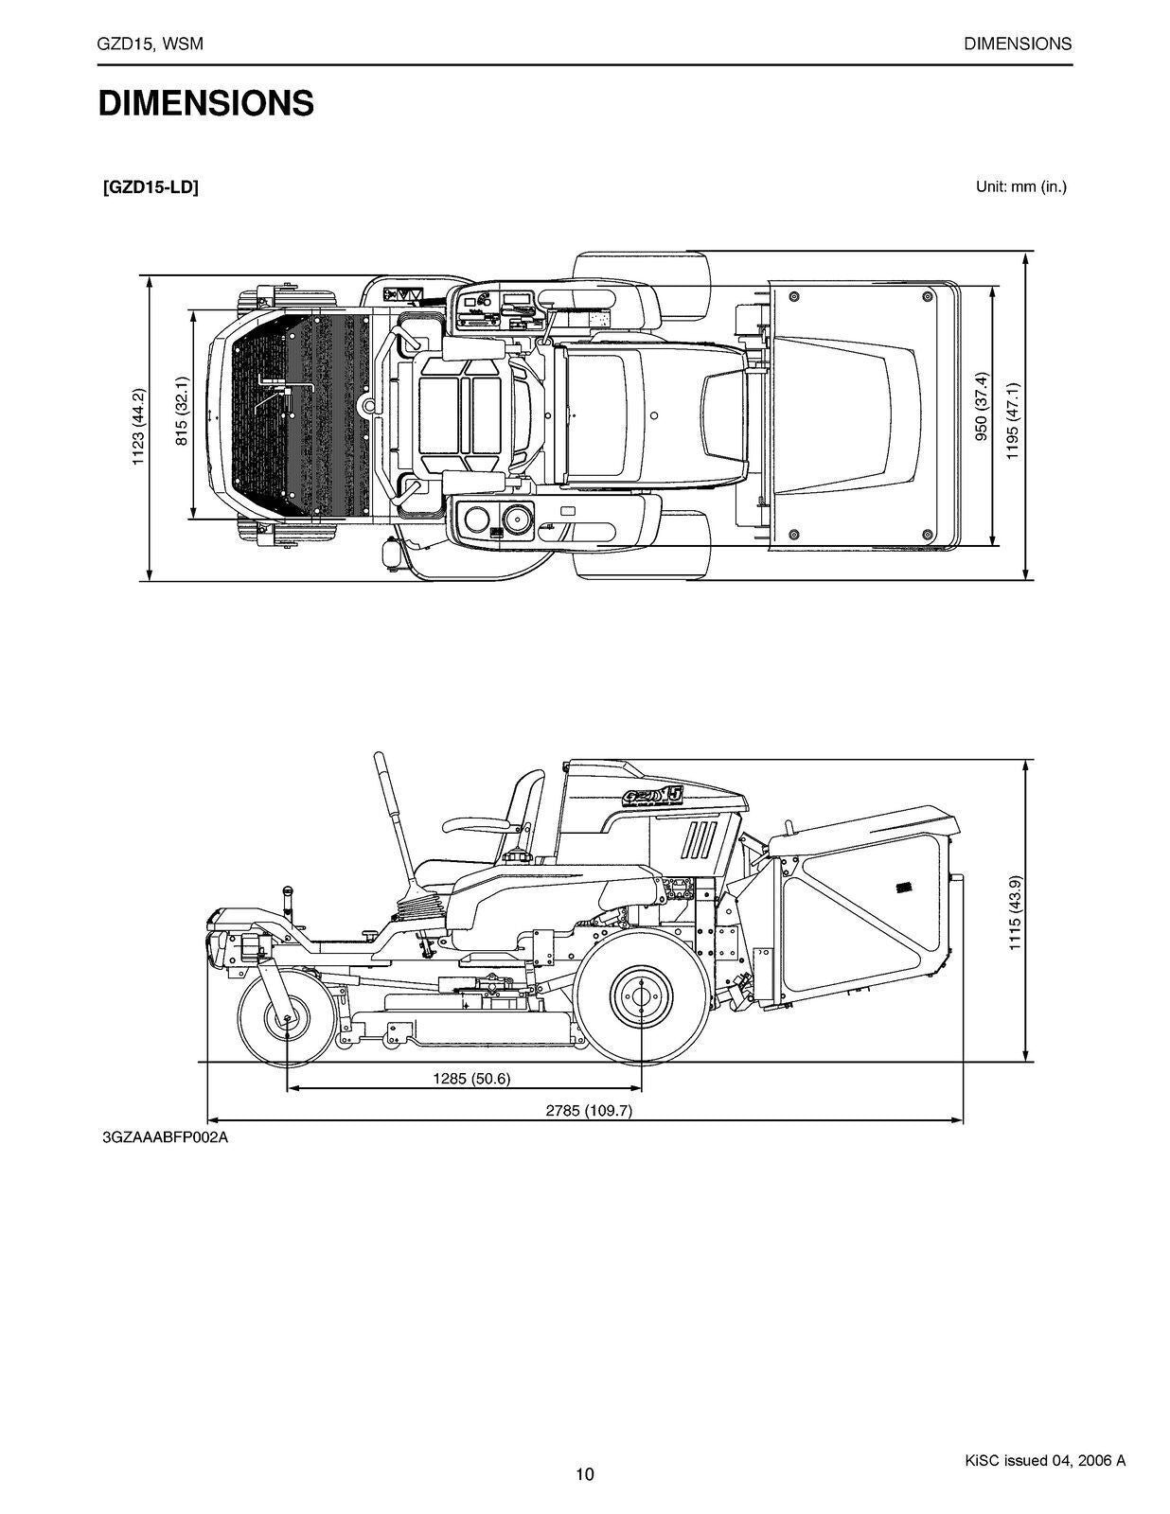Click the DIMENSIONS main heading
pyautogui.click(x=205, y=103)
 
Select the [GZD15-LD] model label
pyautogui.click(x=151, y=187)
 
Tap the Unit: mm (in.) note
pyautogui.click(x=1020, y=186)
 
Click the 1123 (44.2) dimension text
pyautogui.click(x=138, y=428)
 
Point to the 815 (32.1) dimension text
pyautogui.click(x=182, y=412)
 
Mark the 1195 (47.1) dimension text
pyautogui.click(x=1013, y=421)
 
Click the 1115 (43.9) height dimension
pyautogui.click(x=1014, y=913)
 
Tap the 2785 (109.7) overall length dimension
pyautogui.click(x=588, y=1111)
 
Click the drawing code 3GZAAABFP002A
pyautogui.click(x=166, y=1137)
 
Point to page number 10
pyautogui.click(x=585, y=1473)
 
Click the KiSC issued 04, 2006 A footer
pyautogui.click(x=1038, y=1460)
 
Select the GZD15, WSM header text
pyautogui.click(x=151, y=44)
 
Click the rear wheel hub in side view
pyautogui.click(x=642, y=994)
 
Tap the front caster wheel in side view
pyautogui.click(x=285, y=1019)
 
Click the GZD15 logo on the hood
pyautogui.click(x=653, y=795)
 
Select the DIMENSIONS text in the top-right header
pyautogui.click(x=1018, y=44)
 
